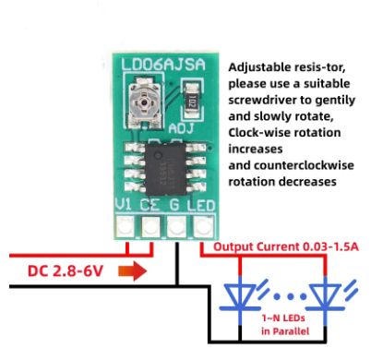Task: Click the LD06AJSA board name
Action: [x=163, y=65]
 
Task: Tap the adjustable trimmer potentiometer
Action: [x=144, y=102]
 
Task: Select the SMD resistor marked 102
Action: [x=192, y=99]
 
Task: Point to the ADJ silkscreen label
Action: [x=181, y=128]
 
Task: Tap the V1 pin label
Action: [x=123, y=204]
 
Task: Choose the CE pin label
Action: [x=150, y=205]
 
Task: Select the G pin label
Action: [x=174, y=205]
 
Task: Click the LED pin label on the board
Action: [x=201, y=206]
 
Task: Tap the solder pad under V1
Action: [x=126, y=226]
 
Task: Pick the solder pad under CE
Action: [x=150, y=226]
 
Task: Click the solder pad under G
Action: [x=176, y=226]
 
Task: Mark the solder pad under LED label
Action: [x=203, y=227]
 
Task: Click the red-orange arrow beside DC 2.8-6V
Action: [x=133, y=271]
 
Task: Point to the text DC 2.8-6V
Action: [x=66, y=271]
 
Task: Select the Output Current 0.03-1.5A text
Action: [x=286, y=246]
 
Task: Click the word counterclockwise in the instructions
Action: [x=304, y=165]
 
